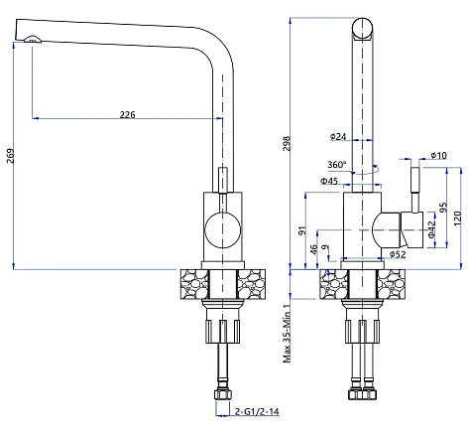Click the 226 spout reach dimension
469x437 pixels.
[127, 114]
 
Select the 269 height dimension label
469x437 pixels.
[11, 156]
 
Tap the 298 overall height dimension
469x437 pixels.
[287, 143]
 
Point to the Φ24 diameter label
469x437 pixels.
[338, 136]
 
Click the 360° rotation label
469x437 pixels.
[337, 164]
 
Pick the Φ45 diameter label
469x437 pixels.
[329, 181]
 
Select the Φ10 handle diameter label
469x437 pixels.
[439, 155]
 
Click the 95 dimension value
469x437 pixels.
[442, 208]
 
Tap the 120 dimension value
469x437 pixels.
[457, 218]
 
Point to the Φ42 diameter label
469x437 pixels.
[431, 229]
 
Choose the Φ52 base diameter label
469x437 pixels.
[398, 254]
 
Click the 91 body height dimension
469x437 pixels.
[302, 230]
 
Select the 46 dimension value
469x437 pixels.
[314, 249]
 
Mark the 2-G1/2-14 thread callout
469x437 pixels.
[257, 411]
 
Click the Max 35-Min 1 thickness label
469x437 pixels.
[287, 334]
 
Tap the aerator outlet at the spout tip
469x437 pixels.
[33, 40]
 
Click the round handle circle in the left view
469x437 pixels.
[223, 230]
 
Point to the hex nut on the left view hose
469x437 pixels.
[223, 394]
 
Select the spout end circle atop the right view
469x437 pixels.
[363, 29]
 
